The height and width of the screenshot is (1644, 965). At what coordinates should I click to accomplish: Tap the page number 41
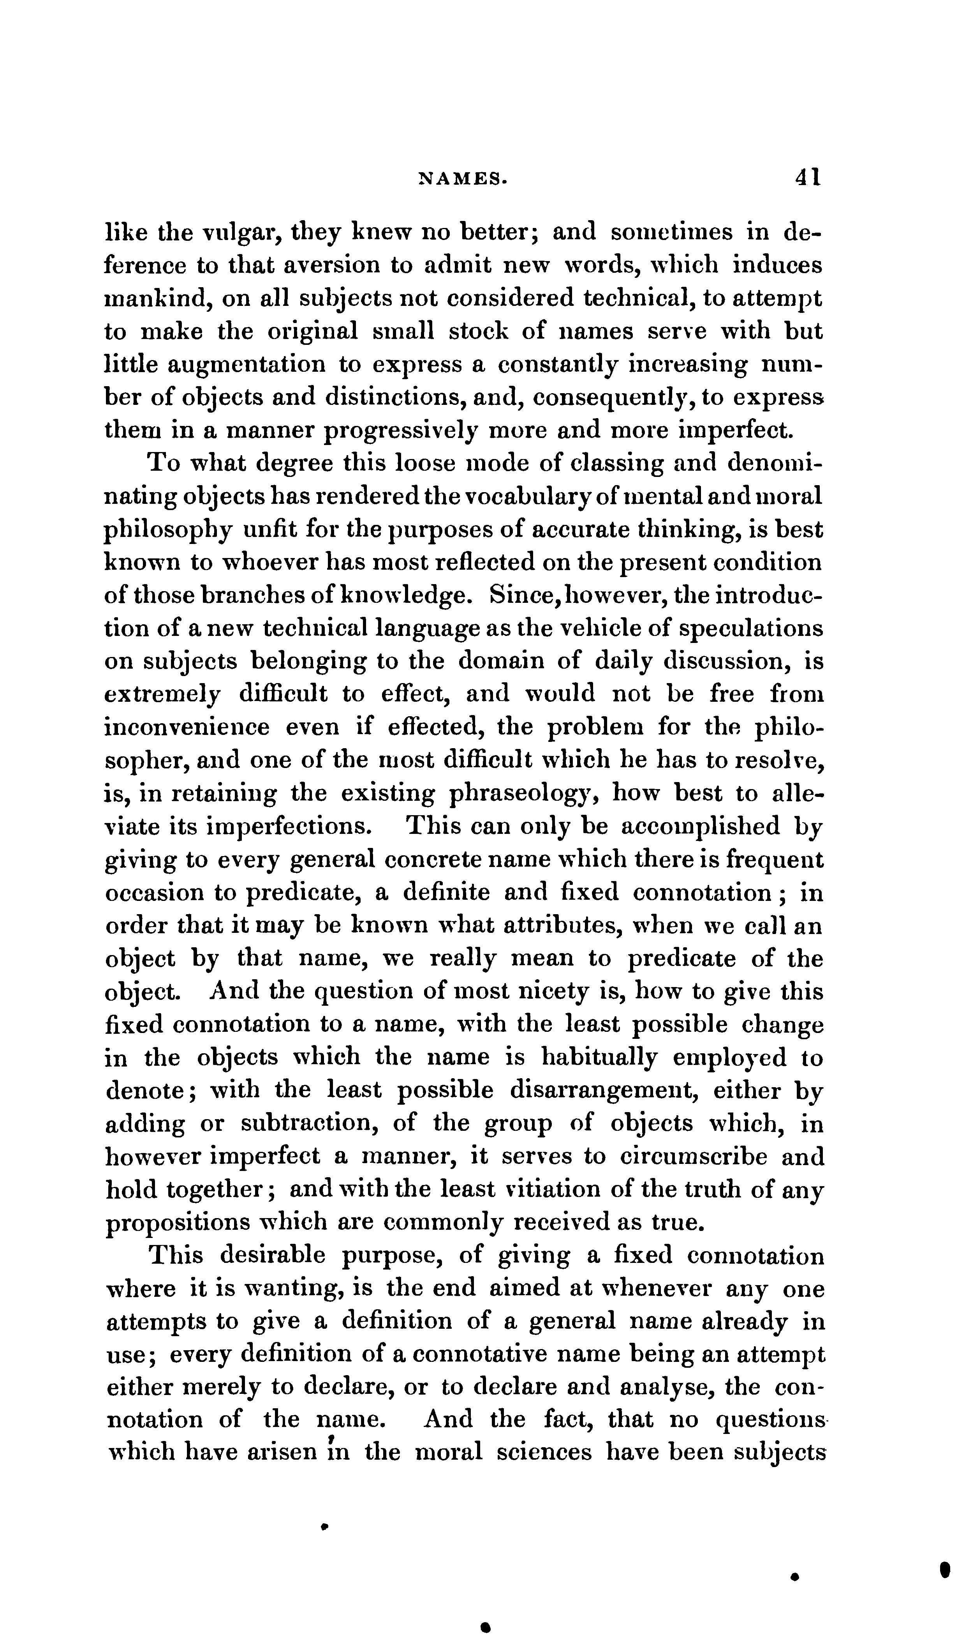[807, 177]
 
